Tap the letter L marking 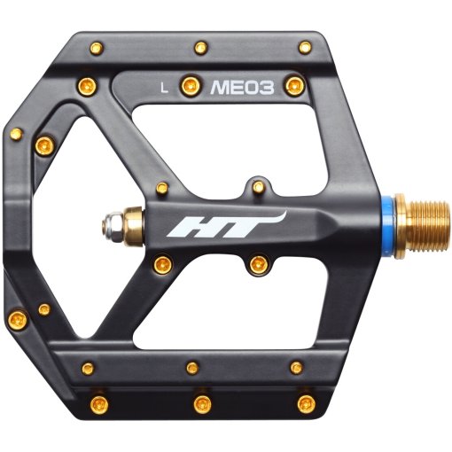click(164, 87)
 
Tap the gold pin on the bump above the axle click(258, 188)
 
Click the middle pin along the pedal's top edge click(201, 46)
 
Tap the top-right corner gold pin click(305, 47)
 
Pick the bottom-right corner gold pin click(307, 404)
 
